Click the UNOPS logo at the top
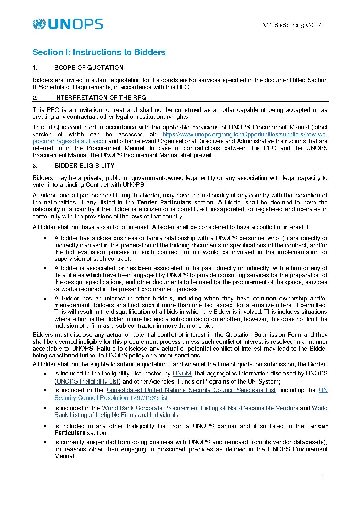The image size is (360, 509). point(68,24)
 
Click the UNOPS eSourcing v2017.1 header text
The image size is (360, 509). point(292,25)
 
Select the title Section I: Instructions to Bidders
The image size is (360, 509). point(99,52)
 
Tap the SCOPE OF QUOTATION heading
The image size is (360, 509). point(89,68)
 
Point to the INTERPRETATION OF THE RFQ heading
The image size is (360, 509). point(100,98)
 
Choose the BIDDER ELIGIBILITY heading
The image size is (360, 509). point(84,166)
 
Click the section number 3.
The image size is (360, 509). point(35,166)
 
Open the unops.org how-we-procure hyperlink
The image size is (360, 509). point(245,134)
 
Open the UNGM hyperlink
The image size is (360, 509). point(182,373)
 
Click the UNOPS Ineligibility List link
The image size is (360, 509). point(87,381)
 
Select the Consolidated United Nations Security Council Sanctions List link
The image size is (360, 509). point(191,390)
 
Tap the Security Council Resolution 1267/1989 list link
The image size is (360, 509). point(111,398)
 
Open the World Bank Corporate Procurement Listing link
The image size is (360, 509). point(200,408)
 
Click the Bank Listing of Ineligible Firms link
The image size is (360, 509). point(117,415)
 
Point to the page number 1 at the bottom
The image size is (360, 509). point(323,477)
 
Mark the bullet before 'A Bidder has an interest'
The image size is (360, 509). point(45,298)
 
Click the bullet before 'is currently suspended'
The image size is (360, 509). point(45,442)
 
